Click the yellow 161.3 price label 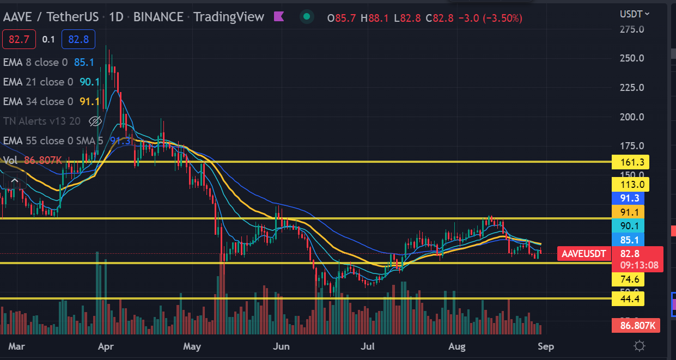click(628, 162)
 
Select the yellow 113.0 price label click(628, 184)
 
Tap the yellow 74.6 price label click(628, 280)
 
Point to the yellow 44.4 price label click(628, 298)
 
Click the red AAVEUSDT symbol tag click(583, 253)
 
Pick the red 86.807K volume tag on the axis click(636, 326)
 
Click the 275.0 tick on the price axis click(632, 29)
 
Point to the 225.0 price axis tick click(632, 88)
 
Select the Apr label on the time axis click(106, 346)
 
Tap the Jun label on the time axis click(281, 346)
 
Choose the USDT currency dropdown click(635, 14)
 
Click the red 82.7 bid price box click(19, 39)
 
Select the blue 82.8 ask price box click(78, 39)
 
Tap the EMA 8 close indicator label click(35, 62)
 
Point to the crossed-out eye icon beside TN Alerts click(95, 121)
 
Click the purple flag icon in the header click(279, 17)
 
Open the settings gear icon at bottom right click(640, 346)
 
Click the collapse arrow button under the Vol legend click(15, 181)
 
